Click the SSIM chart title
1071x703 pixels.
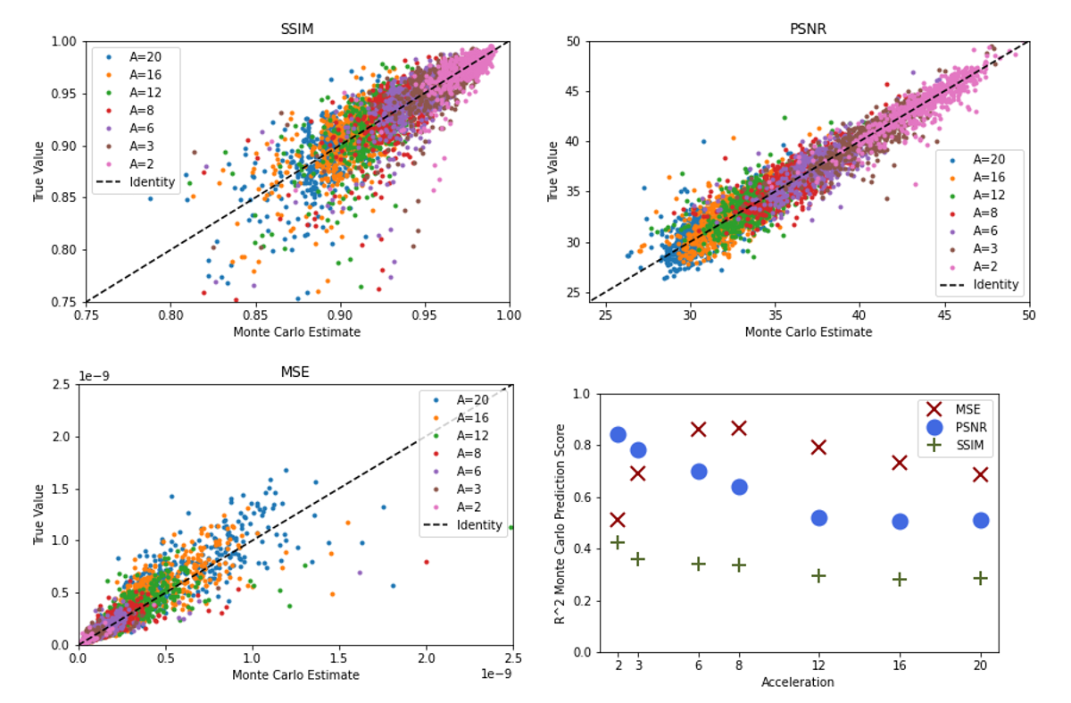[x=297, y=29]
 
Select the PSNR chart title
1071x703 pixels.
[x=809, y=29]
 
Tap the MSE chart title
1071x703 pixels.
[x=295, y=372]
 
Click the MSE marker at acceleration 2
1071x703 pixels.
[x=617, y=519]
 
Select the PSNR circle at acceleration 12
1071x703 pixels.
[x=818, y=518]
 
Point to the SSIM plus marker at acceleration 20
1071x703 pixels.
[x=980, y=578]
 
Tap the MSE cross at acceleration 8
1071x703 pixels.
[x=739, y=428]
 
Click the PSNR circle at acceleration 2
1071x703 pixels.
[x=618, y=435]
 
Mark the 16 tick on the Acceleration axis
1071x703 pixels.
[x=899, y=665]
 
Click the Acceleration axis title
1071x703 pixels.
[x=798, y=682]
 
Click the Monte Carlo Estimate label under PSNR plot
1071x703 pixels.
[x=809, y=331]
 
